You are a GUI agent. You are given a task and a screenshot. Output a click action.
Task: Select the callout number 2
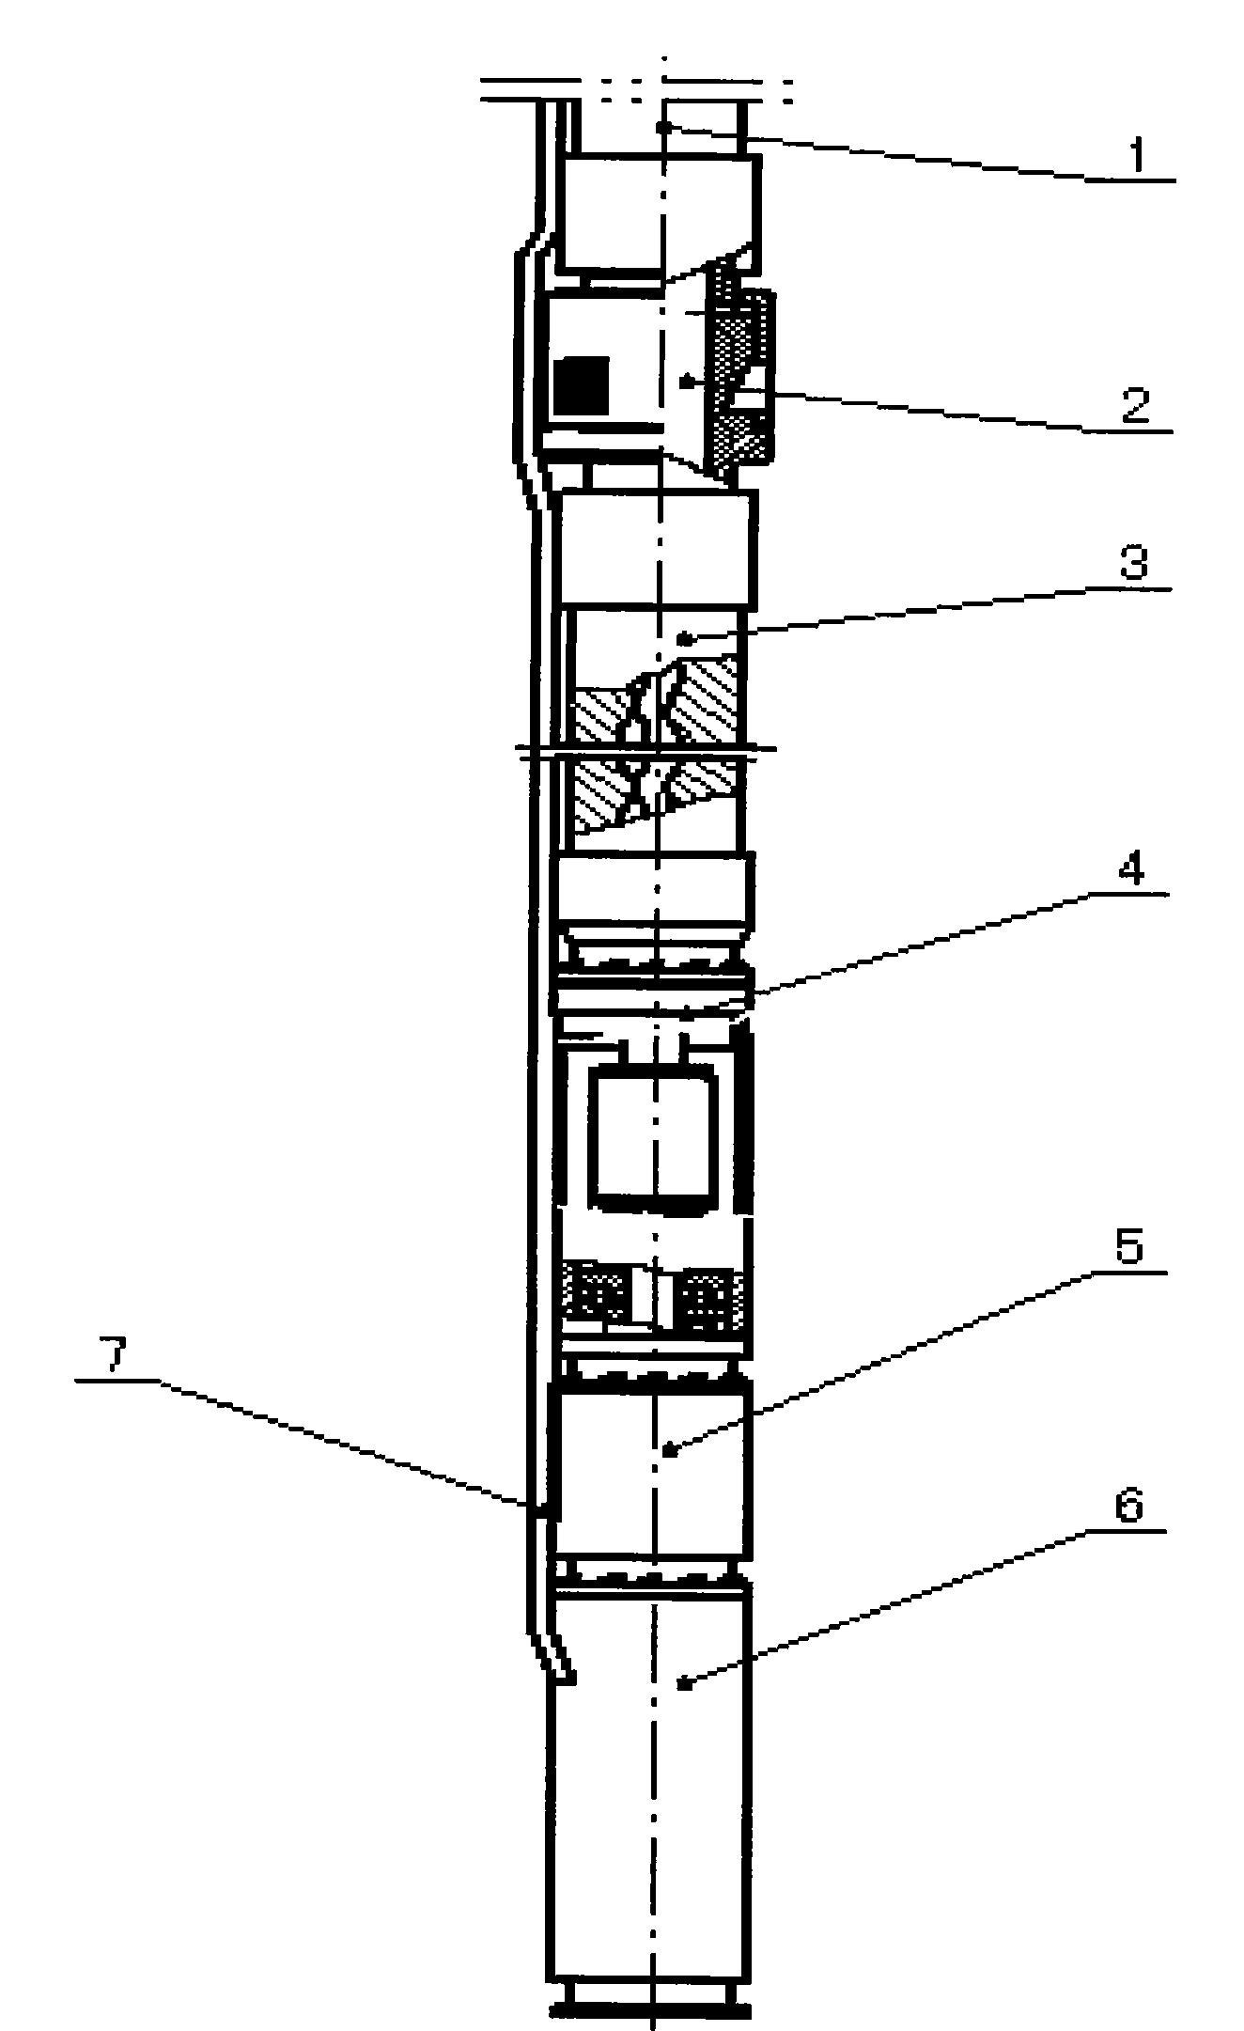tap(1135, 406)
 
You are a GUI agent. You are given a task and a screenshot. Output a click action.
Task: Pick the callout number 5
tap(1128, 1247)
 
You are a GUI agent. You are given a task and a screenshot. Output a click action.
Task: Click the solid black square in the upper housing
tap(582, 385)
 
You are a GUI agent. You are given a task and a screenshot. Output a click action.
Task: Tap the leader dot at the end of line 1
tap(663, 126)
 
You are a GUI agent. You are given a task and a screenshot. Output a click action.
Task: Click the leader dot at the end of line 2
tap(685, 383)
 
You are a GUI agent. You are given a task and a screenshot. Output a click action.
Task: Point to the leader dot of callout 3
tap(686, 639)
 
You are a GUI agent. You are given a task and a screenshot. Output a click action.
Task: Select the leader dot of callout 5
tap(667, 1451)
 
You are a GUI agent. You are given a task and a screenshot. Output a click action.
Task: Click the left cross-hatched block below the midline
tap(601, 797)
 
